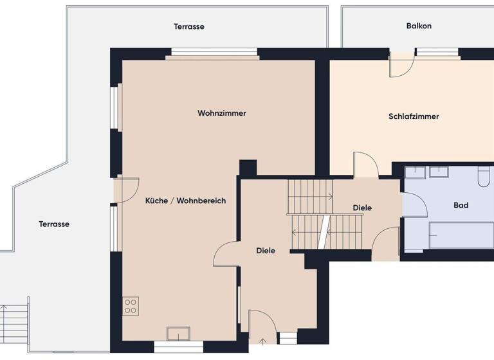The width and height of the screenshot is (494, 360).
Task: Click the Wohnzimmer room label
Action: [222, 113]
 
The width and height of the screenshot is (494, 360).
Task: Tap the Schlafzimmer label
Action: [414, 116]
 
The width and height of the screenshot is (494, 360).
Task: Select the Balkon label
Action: [419, 26]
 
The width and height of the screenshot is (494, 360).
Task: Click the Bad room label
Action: [461, 206]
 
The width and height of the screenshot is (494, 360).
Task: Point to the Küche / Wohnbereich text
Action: [185, 201]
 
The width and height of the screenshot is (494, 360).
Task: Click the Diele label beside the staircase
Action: [362, 208]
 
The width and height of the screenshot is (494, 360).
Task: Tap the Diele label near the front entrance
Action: [266, 251]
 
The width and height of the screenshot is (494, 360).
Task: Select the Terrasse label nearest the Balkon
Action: [189, 26]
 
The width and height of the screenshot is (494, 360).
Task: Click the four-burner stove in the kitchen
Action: [131, 305]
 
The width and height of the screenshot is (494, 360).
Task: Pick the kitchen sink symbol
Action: [178, 333]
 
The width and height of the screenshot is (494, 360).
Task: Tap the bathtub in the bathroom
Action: [461, 235]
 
